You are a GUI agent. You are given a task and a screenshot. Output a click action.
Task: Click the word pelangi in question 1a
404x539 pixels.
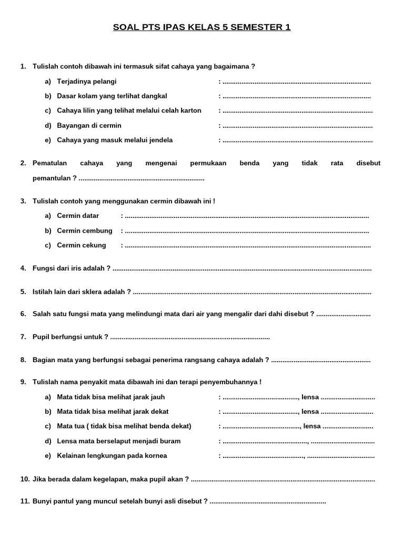coord(104,82)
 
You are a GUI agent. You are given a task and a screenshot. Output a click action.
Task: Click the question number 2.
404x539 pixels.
coord(23,163)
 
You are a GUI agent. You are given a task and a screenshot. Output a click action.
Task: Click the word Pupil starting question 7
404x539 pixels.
coord(41,337)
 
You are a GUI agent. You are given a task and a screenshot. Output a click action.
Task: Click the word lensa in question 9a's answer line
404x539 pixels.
coord(310,397)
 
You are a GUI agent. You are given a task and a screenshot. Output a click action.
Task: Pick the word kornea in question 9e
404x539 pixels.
coord(156,455)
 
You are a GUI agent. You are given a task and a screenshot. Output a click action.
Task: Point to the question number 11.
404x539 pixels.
coord(25,502)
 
